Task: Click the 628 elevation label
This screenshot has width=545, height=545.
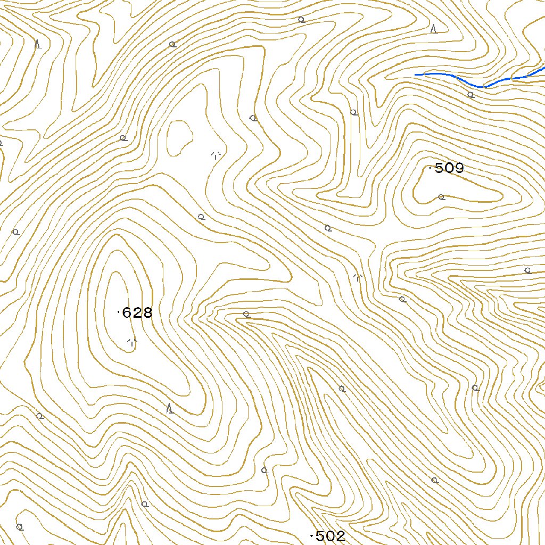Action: (137, 313)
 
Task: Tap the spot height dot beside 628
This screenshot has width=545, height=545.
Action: (118, 312)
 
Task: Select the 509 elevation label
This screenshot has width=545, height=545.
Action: (449, 169)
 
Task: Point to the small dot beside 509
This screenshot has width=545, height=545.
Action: (430, 168)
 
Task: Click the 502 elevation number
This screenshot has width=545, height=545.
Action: (331, 536)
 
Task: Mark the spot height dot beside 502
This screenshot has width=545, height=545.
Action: (311, 535)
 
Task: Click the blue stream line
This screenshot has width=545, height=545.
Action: (479, 85)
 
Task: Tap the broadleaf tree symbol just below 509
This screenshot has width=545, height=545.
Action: (441, 197)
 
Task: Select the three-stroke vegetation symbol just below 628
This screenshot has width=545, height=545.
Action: (132, 342)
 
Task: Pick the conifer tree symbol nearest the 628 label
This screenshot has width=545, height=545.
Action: (170, 409)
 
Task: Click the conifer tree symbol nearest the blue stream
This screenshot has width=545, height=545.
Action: (434, 29)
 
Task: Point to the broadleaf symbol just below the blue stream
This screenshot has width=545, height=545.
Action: (470, 95)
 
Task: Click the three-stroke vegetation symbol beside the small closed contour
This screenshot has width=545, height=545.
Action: (216, 155)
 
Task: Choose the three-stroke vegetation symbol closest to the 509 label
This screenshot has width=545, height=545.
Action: (358, 277)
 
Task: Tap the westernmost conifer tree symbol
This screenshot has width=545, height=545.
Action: (38, 45)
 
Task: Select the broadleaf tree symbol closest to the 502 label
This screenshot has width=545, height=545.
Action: (265, 470)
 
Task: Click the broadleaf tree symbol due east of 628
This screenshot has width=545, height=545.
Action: (246, 314)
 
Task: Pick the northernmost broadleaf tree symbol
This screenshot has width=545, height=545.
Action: (301, 20)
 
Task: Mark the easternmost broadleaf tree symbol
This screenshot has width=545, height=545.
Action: (527, 270)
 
